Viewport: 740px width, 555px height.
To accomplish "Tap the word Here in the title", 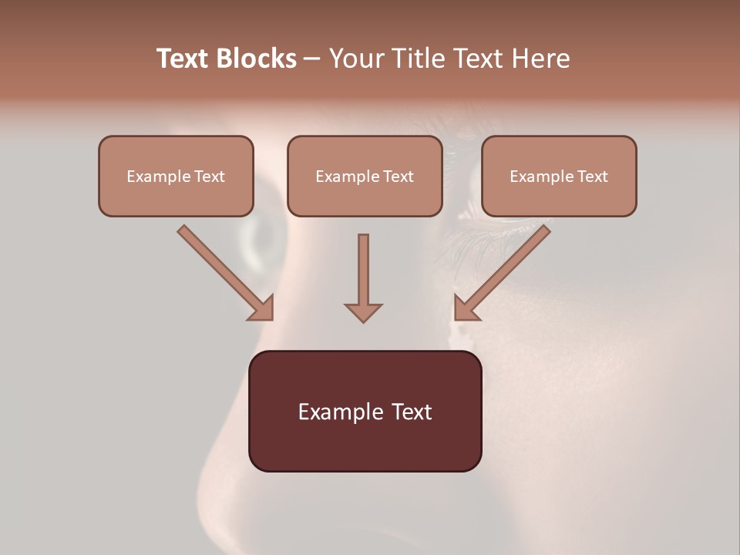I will click(542, 59).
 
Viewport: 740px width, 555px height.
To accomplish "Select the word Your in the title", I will click(354, 59).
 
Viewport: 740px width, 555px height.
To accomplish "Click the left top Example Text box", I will click(176, 176).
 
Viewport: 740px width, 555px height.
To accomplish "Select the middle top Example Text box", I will click(365, 176).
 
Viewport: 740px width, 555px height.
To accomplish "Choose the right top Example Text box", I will click(559, 176).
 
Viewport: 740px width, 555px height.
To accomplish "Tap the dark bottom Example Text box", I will click(365, 411).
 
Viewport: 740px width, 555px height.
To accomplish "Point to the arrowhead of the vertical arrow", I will click(363, 311).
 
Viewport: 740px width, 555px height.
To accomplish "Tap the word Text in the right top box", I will click(593, 177).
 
